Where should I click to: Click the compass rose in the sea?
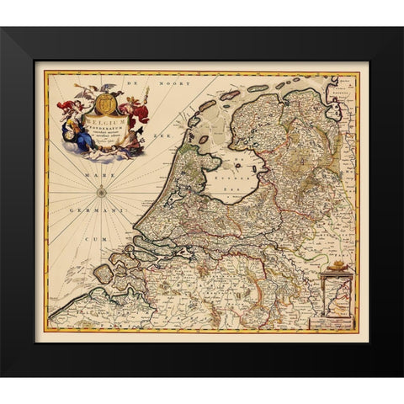pos(101,192)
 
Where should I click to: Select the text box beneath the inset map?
pos(334,321)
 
